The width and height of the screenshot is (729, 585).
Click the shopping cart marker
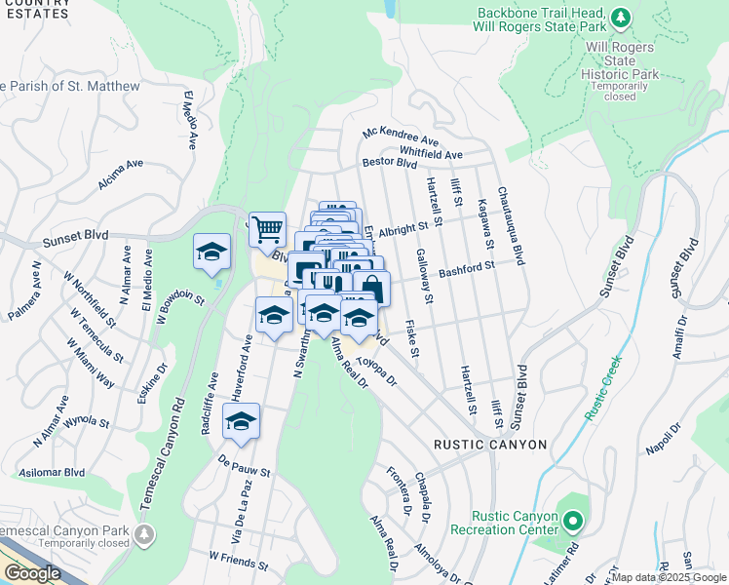coord(267,231)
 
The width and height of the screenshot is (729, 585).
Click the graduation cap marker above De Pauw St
coord(241,421)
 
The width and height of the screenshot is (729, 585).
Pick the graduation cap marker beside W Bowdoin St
coord(211,253)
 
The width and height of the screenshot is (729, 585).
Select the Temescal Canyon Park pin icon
coord(145,534)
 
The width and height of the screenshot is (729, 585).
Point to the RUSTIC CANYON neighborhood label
coord(490,445)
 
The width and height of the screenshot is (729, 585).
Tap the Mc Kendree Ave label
coord(401,136)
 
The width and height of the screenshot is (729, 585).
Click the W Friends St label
coord(238,560)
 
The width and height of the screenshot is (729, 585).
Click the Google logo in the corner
coord(33,573)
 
